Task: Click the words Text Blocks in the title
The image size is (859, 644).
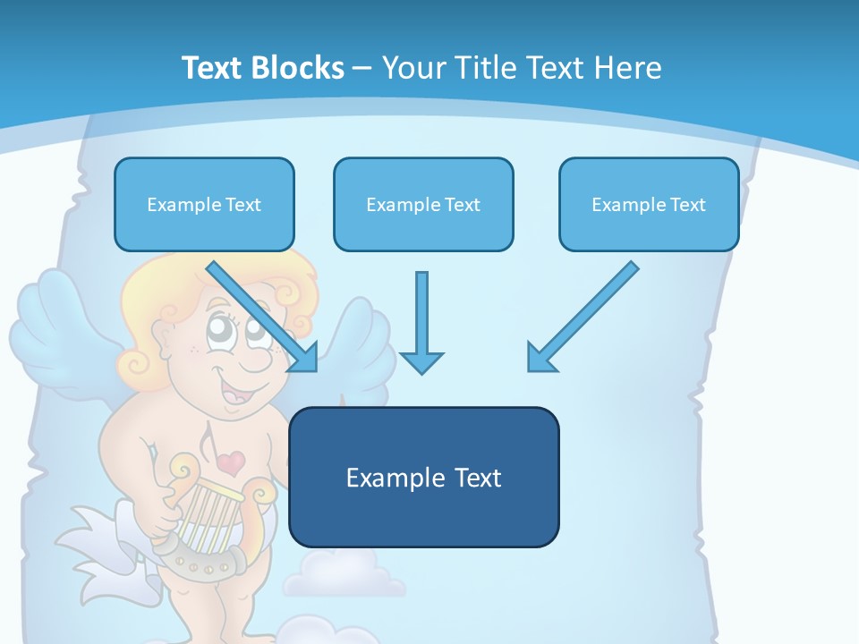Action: pyautogui.click(x=262, y=68)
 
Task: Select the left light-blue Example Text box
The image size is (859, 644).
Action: pyautogui.click(x=204, y=205)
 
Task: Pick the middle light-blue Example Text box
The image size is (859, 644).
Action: pyautogui.click(x=423, y=205)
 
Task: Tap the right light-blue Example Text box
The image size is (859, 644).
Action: pyautogui.click(x=649, y=205)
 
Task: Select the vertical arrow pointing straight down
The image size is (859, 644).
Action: pyautogui.click(x=421, y=322)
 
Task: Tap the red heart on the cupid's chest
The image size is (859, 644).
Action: pyautogui.click(x=231, y=462)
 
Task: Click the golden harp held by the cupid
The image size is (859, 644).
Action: pyautogui.click(x=211, y=510)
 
